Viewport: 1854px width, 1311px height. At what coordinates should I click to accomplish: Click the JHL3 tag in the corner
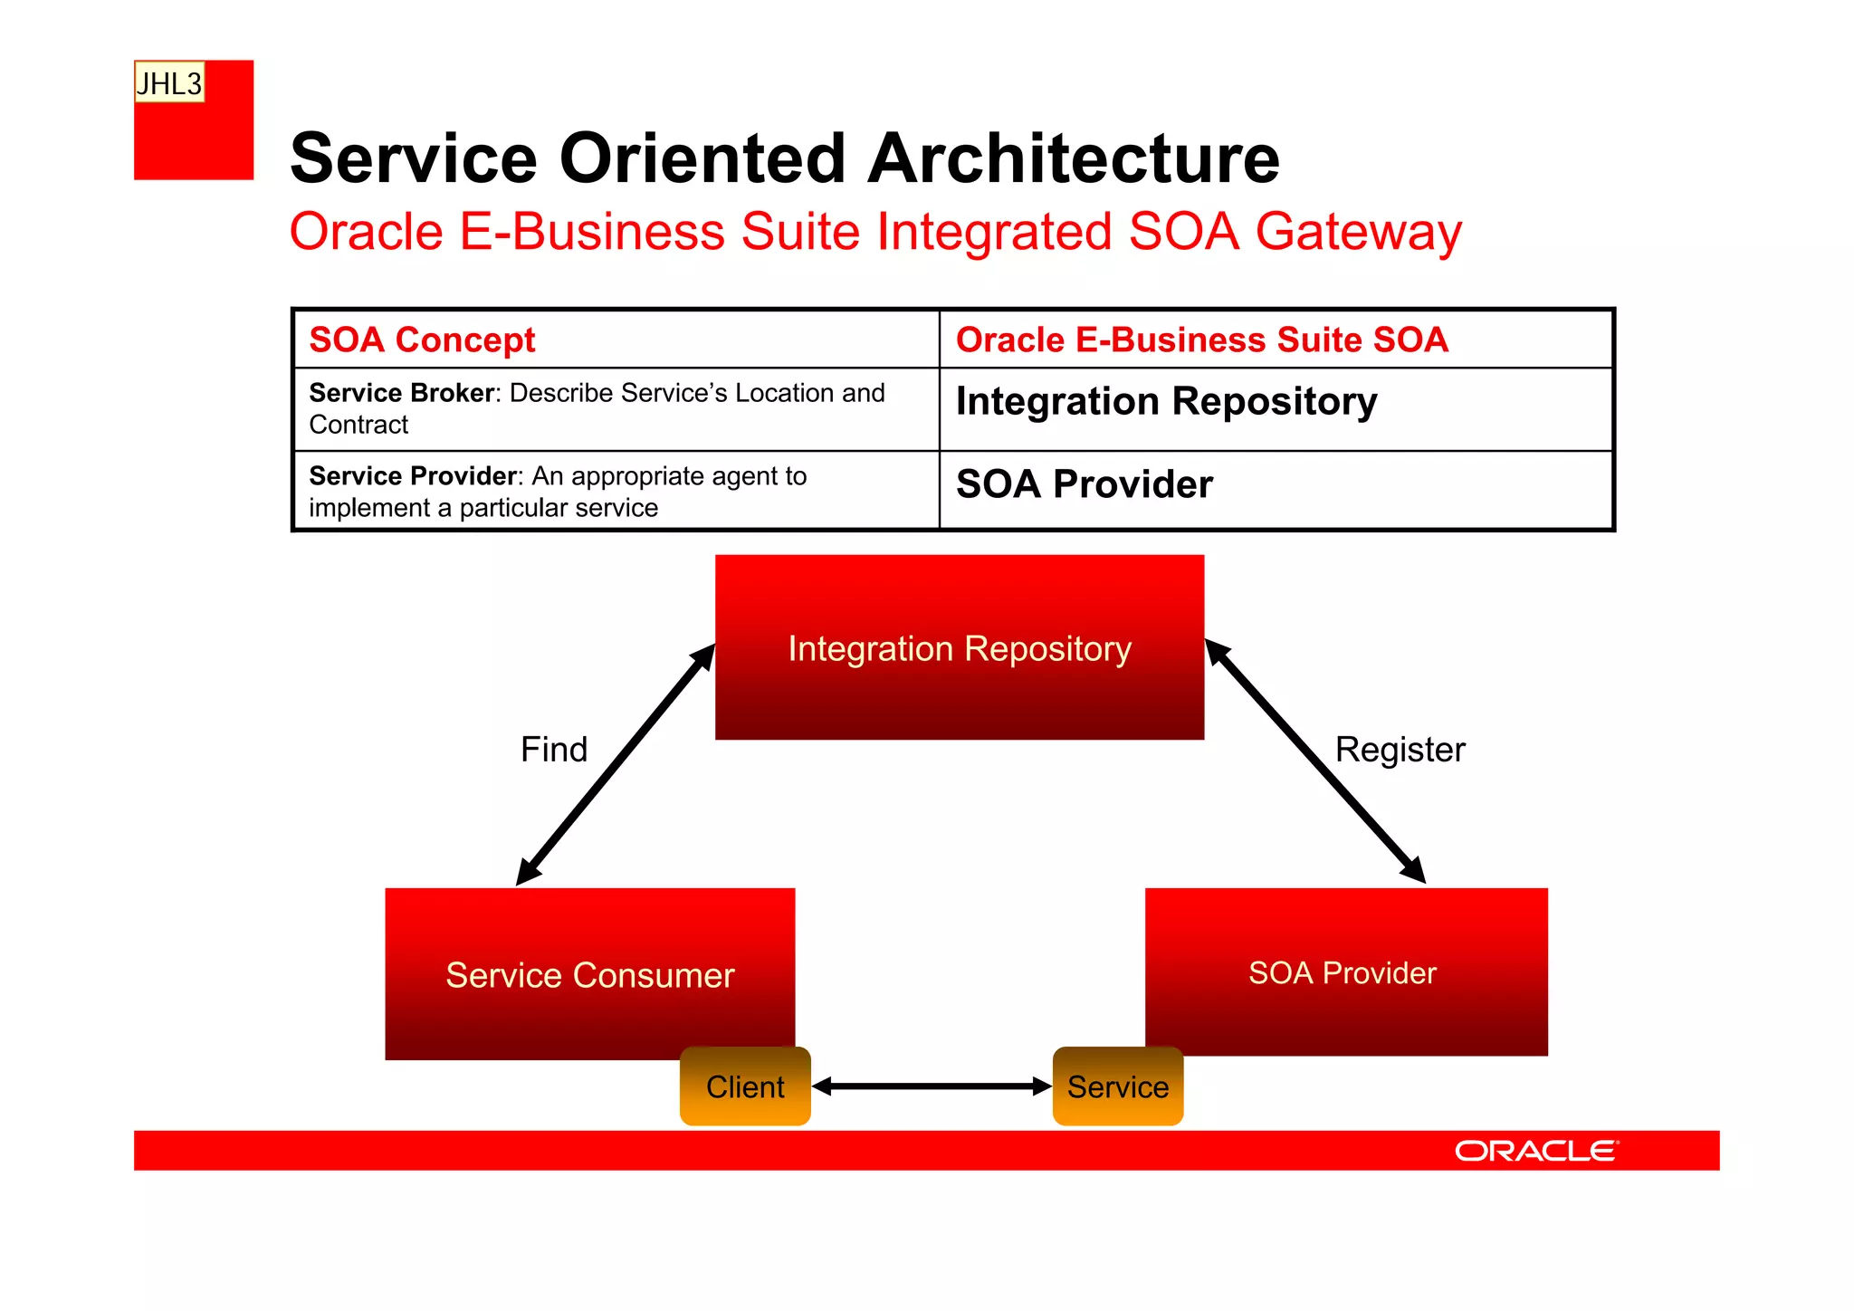(169, 83)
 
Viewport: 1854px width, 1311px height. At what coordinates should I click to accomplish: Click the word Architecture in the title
(1074, 159)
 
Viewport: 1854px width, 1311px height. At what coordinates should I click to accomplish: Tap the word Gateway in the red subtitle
(1358, 232)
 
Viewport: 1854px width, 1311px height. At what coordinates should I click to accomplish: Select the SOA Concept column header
(422, 340)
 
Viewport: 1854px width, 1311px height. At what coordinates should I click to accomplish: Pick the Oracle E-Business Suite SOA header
(1201, 340)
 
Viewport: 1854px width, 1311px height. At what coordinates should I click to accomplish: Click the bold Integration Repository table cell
(1166, 402)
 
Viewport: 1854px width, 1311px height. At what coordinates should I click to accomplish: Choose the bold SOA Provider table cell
(1084, 484)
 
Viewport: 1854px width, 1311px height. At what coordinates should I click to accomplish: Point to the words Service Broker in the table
(402, 393)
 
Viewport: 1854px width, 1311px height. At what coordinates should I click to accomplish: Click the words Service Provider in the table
(414, 476)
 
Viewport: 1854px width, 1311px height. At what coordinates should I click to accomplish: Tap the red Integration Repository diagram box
(959, 648)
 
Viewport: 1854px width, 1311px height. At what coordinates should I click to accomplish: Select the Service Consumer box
(589, 974)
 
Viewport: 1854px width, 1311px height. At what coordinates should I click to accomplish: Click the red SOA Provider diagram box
(1344, 972)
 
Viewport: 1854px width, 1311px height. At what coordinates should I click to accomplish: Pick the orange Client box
(745, 1086)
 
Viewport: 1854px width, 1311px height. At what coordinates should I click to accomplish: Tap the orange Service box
(1117, 1086)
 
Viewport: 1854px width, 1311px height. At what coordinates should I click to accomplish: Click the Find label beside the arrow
(554, 750)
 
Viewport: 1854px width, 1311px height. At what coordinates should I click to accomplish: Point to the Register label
(1400, 750)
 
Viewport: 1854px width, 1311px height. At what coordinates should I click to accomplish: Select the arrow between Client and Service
(932, 1086)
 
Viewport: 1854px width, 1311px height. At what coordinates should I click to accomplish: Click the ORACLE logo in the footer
(1535, 1151)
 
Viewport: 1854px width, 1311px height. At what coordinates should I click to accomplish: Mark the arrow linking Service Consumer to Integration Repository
(616, 765)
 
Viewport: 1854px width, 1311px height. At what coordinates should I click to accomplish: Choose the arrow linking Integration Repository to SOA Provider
(1314, 761)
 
